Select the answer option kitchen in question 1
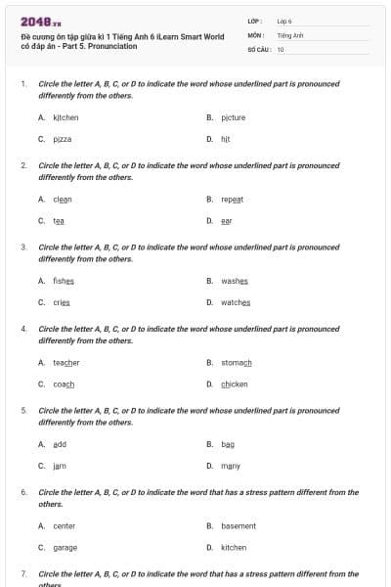pos(65,117)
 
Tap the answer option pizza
pos(63,140)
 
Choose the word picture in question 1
pos(233,117)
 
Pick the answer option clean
pos(63,199)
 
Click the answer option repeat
pos(233,199)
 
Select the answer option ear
pos(226,221)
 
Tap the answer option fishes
pos(64,281)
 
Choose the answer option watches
pos(236,302)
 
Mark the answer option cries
pos(62,302)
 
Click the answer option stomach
pos(237,362)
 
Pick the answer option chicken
pos(235,384)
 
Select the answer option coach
pos(64,384)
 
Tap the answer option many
pos(231,466)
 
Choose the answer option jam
pos(60,466)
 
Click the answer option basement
pos(239,525)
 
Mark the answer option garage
pos(65,548)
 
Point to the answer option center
pos(64,525)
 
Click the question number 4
pos(23,329)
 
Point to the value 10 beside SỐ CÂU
pos(281,49)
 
